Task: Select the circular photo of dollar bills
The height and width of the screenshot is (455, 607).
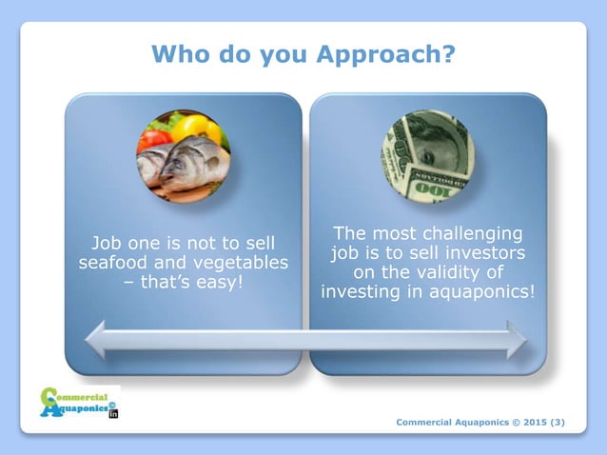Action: point(427,155)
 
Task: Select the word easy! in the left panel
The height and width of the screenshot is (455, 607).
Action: point(205,283)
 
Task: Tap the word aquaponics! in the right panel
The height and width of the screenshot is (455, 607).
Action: point(480,292)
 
